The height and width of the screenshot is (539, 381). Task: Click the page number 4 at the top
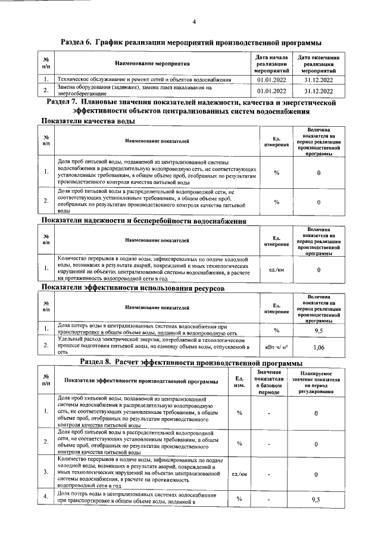coord(194,23)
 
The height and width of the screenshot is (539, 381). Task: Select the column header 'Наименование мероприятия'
coord(152,63)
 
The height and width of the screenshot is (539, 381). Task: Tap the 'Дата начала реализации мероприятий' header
coord(272,63)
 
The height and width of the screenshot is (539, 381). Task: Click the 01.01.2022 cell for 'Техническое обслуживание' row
coord(272,79)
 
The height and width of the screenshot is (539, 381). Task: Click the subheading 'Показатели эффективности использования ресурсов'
coord(132,288)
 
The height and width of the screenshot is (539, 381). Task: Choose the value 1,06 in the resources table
coord(319,345)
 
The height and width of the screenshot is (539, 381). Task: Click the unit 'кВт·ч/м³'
coord(276,345)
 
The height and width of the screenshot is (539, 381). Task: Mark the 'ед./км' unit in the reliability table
coord(276,270)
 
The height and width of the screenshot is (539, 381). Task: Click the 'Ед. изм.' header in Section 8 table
coord(239,381)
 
